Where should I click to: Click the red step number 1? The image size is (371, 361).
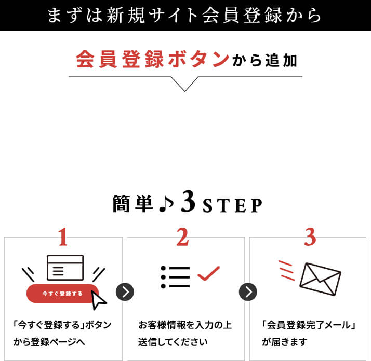63,237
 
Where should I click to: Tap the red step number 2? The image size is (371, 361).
182,237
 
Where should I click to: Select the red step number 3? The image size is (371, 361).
310,237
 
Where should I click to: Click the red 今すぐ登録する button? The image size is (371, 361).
62,294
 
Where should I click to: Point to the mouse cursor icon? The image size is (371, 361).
98,299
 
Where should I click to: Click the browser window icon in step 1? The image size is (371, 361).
65,268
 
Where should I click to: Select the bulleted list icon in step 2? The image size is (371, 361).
176,277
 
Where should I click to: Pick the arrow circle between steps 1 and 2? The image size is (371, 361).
125,292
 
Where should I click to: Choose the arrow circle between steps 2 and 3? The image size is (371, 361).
248,292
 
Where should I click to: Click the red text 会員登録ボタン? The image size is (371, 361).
152,59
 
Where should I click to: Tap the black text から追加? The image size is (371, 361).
265,61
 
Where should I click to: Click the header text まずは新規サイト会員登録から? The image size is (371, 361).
184,15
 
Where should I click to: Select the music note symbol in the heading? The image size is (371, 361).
165,204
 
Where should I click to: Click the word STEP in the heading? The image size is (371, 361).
232,206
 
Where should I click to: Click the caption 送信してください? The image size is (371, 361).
173,342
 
